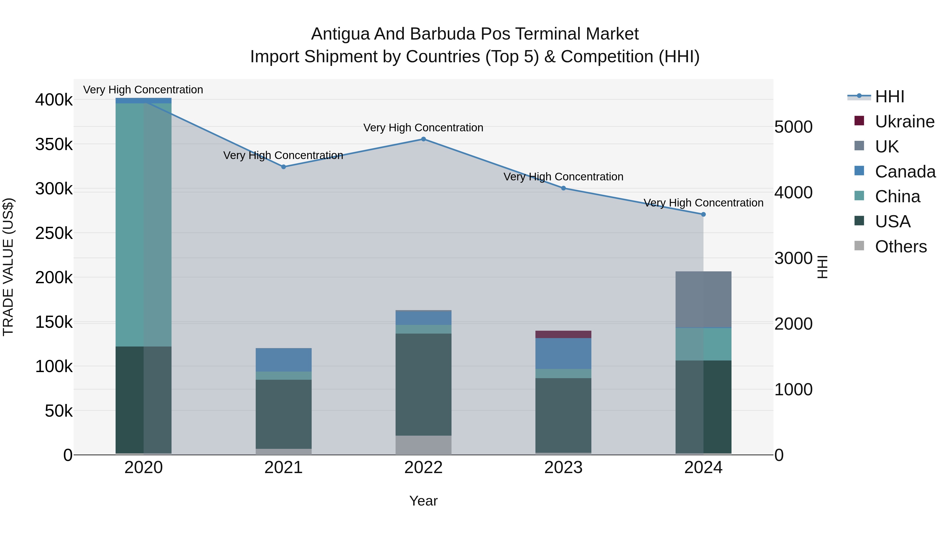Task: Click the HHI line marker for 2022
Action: (x=423, y=139)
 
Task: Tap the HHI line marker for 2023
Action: (x=563, y=188)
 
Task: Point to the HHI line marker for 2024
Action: (x=703, y=214)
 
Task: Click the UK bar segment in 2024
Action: (x=703, y=299)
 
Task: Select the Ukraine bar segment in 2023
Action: (x=563, y=334)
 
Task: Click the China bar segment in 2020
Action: (x=144, y=225)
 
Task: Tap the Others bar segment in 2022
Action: (x=423, y=445)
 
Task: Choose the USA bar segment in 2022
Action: (x=423, y=384)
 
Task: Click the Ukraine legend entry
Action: (x=904, y=122)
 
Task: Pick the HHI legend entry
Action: (x=889, y=97)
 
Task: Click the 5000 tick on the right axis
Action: (x=793, y=127)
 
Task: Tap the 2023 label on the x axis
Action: (x=563, y=468)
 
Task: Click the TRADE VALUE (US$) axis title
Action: (x=8, y=267)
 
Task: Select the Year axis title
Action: (x=423, y=501)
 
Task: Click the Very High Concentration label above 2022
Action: (x=423, y=128)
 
